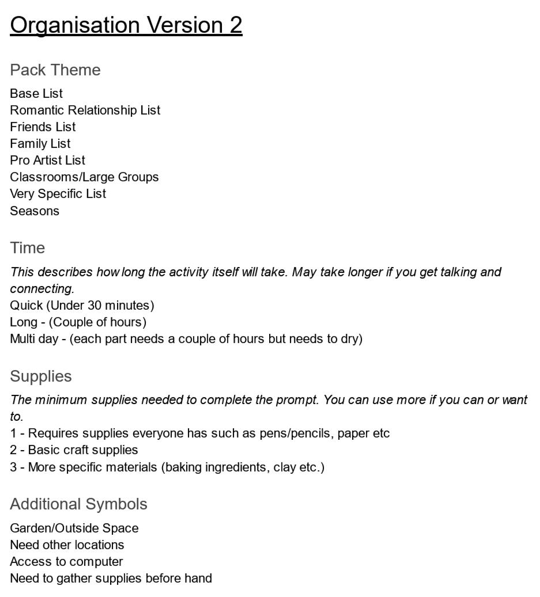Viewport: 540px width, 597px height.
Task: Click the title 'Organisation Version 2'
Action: (126, 25)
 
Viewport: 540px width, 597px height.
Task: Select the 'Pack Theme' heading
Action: (55, 70)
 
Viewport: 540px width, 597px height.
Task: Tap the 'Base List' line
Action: (36, 93)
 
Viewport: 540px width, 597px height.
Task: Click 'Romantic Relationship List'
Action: (85, 110)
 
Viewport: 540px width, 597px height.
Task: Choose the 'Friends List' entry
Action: (43, 127)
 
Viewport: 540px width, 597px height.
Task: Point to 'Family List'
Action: (40, 143)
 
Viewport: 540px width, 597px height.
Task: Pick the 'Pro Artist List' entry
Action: (47, 160)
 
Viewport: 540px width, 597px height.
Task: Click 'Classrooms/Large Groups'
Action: (84, 177)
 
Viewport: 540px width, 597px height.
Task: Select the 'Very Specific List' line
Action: (58, 193)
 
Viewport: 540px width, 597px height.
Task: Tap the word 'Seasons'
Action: (35, 211)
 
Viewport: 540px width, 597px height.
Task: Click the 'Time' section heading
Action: (27, 248)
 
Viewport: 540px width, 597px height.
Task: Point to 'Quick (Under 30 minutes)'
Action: (82, 305)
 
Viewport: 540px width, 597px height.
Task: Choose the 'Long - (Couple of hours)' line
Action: (78, 322)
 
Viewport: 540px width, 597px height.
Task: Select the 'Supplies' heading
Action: (41, 377)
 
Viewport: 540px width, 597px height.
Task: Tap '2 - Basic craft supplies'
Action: (74, 450)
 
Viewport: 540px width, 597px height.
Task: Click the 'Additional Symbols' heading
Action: (78, 504)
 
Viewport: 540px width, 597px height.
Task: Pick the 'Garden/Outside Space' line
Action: (74, 528)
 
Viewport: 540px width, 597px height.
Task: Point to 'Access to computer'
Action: (66, 561)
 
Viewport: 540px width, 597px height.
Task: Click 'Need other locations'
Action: (67, 545)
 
